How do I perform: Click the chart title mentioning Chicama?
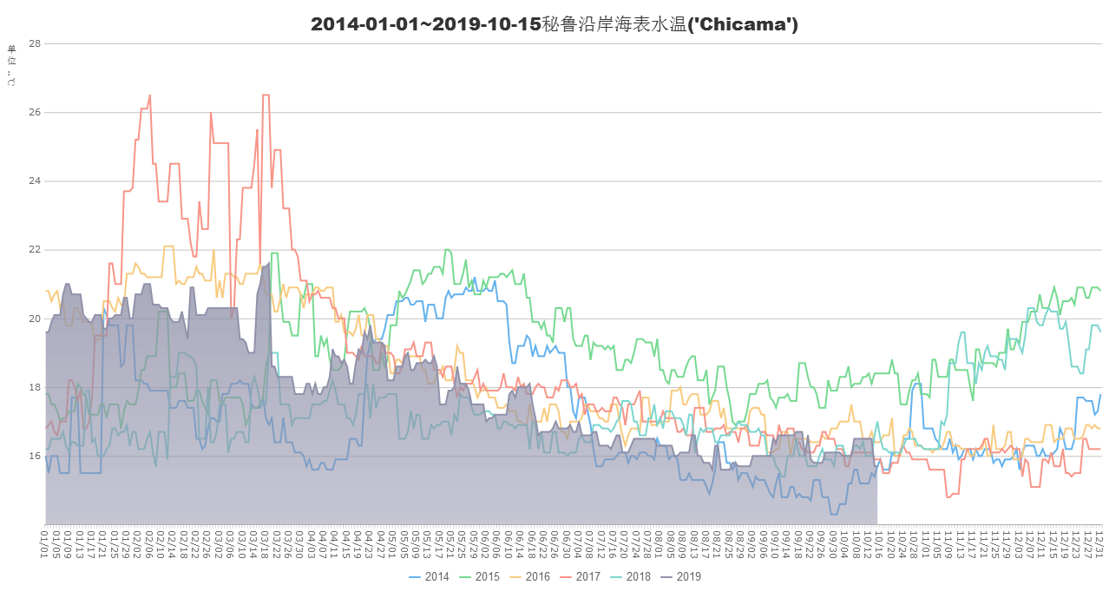click(554, 25)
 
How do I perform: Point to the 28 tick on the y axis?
click(36, 43)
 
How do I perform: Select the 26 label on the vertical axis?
click(36, 113)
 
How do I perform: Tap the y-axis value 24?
click(36, 181)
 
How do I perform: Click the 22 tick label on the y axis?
click(36, 250)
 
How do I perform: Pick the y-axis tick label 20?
click(36, 319)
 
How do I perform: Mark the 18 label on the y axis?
click(36, 387)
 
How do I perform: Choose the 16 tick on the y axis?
click(36, 456)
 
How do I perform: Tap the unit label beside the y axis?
click(11, 66)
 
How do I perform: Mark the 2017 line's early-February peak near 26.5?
click(150, 96)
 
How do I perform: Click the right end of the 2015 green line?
click(1100, 289)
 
